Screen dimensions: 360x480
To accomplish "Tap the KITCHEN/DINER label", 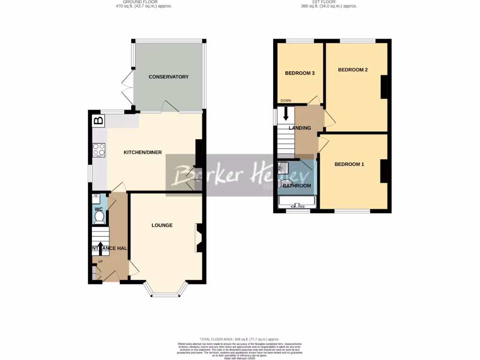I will (x=142, y=153).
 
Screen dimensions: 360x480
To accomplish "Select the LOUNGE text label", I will (x=162, y=225).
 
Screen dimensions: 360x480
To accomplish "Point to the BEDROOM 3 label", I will (x=300, y=73).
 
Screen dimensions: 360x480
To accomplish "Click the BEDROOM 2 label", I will (x=352, y=70).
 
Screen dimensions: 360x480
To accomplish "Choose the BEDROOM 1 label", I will (x=349, y=165).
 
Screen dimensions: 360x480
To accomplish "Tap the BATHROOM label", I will (x=296, y=186).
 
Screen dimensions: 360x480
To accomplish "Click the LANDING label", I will (x=300, y=128).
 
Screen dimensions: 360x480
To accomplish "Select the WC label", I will (x=98, y=209).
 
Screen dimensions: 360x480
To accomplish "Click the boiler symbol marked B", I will (x=98, y=120).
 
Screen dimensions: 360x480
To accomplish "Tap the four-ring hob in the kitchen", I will (x=99, y=150).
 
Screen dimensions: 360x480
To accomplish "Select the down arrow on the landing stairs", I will (x=285, y=114).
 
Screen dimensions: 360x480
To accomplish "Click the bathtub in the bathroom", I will (x=297, y=202).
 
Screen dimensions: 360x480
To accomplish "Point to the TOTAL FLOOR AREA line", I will (x=240, y=339).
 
